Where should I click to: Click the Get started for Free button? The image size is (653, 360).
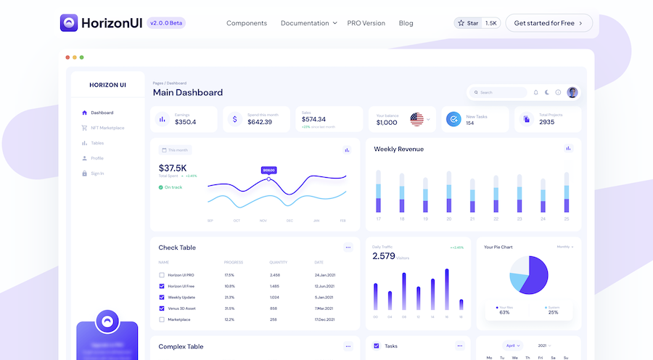click(x=549, y=23)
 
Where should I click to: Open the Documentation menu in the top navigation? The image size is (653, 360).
click(x=308, y=23)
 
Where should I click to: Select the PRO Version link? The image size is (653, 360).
click(x=366, y=23)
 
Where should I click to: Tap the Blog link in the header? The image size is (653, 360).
click(x=406, y=23)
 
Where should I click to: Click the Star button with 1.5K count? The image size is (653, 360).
click(x=477, y=23)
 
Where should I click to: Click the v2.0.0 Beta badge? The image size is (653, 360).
click(x=166, y=23)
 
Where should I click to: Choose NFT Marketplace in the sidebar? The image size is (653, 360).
click(x=107, y=128)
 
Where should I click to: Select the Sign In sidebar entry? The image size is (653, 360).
click(x=97, y=173)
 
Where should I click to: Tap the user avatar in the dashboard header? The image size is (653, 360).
click(x=572, y=92)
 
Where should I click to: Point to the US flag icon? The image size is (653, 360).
click(x=416, y=119)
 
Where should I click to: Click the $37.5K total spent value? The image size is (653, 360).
click(x=173, y=168)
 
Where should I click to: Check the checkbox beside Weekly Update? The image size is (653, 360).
click(x=162, y=297)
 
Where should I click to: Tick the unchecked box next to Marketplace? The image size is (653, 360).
click(x=162, y=319)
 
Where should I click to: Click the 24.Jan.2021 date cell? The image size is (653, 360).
click(x=324, y=275)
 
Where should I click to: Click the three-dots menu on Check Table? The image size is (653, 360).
click(x=348, y=247)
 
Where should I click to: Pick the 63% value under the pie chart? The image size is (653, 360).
click(x=504, y=312)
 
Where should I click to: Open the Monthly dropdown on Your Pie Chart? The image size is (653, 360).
click(x=564, y=247)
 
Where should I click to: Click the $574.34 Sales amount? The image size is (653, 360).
click(x=313, y=119)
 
